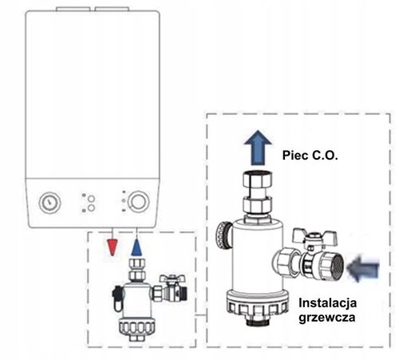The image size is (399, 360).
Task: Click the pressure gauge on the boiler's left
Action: click(x=47, y=202)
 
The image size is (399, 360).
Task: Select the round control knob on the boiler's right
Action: click(x=139, y=200)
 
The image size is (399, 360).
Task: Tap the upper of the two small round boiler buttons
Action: click(x=91, y=196)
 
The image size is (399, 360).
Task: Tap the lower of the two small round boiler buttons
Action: click(x=91, y=208)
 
